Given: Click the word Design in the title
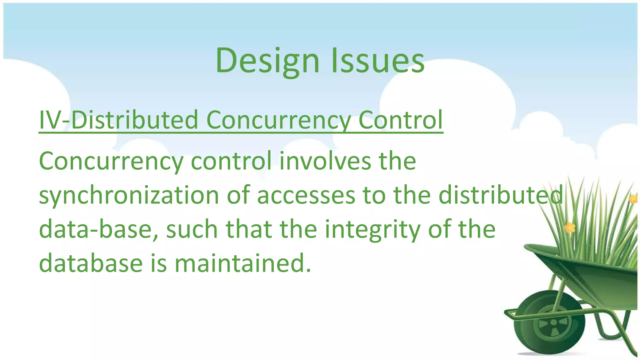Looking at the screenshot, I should pyautogui.click(x=267, y=60).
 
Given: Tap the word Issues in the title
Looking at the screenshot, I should pyautogui.click(x=377, y=60).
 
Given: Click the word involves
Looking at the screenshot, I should pyautogui.click(x=325, y=161).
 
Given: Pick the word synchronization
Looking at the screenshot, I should pyautogui.click(x=129, y=195).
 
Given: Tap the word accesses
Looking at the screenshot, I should pyautogui.click(x=306, y=195).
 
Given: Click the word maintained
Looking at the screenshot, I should pyautogui.click(x=242, y=263).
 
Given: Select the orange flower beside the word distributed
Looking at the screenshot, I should pyautogui.click(x=569, y=227).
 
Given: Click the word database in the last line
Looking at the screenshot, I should pyautogui.click(x=91, y=263).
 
